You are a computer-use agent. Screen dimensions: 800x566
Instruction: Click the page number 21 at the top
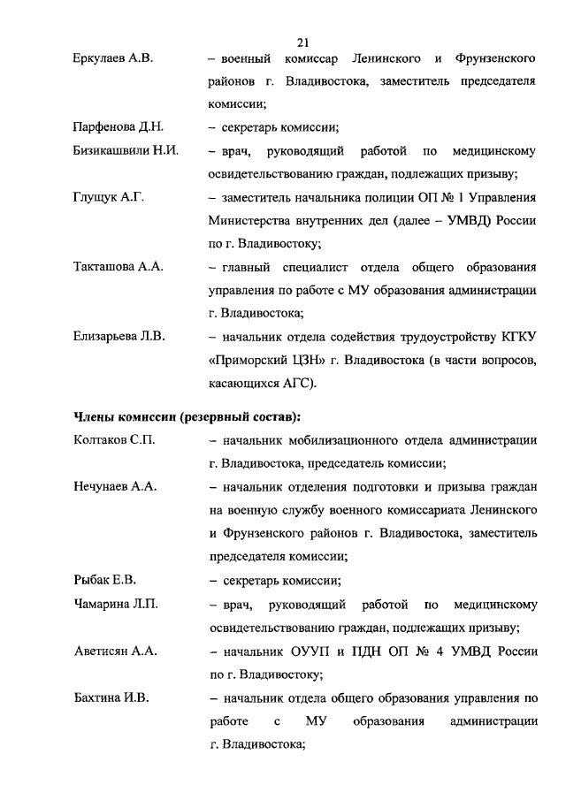(x=303, y=42)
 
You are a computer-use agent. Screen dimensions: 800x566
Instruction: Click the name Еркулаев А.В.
(x=113, y=58)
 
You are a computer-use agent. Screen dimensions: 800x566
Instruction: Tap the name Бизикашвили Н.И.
(x=126, y=150)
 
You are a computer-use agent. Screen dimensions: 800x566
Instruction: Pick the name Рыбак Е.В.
(x=103, y=580)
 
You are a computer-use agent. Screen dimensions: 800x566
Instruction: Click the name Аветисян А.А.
(x=115, y=651)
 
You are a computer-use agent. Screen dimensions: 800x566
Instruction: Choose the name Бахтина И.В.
(x=111, y=697)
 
